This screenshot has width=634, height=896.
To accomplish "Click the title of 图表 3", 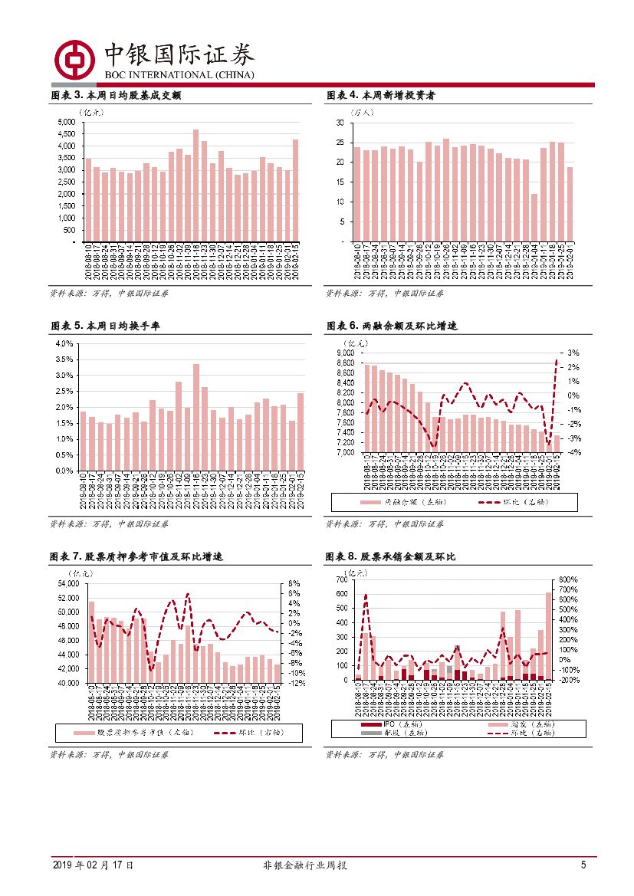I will [x=115, y=96].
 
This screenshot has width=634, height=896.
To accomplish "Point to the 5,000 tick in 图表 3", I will [x=66, y=122].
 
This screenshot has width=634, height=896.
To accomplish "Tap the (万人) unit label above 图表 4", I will [x=362, y=112].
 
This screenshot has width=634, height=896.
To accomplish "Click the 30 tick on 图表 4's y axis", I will [x=339, y=123].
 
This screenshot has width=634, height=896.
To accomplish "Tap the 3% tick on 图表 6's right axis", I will [x=572, y=353].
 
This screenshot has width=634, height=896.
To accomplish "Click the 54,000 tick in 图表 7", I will [x=68, y=583].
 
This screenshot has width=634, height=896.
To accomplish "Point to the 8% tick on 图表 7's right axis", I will [x=294, y=583].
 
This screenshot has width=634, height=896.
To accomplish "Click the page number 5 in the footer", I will [x=583, y=865].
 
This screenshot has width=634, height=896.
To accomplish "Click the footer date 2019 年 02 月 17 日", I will [x=93, y=865].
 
